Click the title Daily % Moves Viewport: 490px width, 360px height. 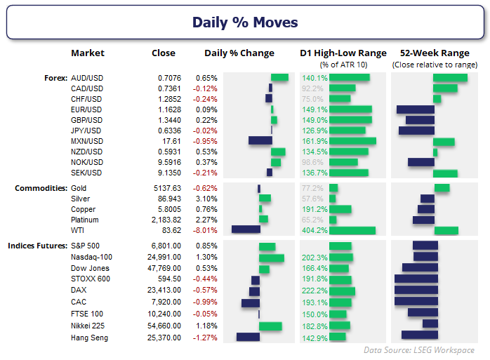tap(245, 22)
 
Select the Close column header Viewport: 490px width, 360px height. tap(164, 53)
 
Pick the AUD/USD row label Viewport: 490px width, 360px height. tap(86, 78)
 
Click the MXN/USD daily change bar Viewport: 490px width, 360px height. tap(260, 141)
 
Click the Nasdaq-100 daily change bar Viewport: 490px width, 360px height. tap(271, 258)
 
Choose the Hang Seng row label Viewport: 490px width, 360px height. tap(89, 338)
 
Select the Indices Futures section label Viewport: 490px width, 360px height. tap(37, 246)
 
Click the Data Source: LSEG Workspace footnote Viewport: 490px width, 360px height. tap(418, 349)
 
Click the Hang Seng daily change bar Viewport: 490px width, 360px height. tap(248, 338)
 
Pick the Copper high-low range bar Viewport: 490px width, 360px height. tap(340, 209)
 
